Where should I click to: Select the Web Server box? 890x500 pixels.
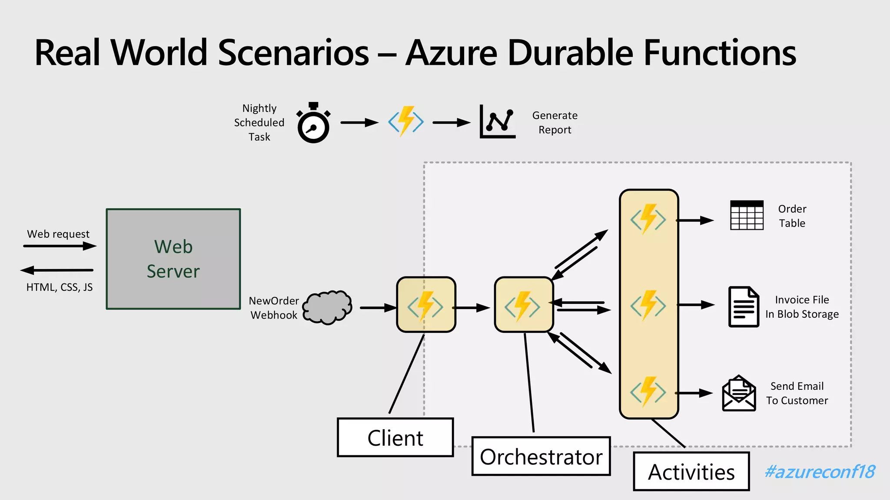173,259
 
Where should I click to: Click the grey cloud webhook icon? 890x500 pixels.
327,307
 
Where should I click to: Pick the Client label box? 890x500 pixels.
395,437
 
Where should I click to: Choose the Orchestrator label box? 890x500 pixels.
541,457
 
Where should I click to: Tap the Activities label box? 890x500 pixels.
691,472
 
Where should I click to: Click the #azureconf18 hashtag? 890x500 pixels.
820,472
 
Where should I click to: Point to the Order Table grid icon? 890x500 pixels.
747,215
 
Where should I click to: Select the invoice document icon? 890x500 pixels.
743,306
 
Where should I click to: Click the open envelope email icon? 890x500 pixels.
739,393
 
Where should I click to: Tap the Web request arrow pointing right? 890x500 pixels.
60,246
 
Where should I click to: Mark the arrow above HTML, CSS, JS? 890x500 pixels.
57,270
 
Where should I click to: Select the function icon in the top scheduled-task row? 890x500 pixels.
406,122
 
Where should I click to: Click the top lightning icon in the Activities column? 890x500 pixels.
648,219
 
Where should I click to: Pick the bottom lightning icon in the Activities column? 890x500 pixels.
648,391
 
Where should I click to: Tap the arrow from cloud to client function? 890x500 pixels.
377,308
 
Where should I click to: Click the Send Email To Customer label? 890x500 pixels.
797,393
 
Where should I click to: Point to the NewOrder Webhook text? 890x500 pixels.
274,308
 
